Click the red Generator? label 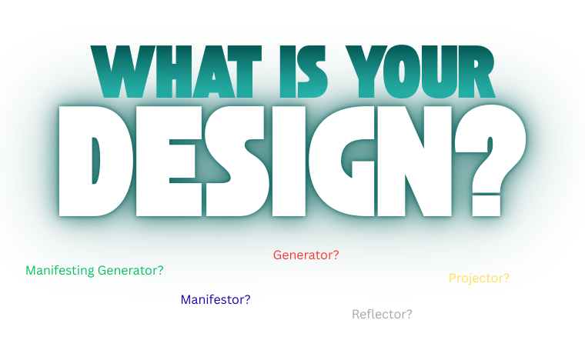click(x=306, y=255)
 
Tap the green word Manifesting click(x=60, y=271)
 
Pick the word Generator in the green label click(x=128, y=271)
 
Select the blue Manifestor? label click(x=215, y=299)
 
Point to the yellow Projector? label click(x=479, y=278)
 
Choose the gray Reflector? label click(x=382, y=314)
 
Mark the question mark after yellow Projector click(x=506, y=278)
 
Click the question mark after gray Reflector click(x=409, y=314)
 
